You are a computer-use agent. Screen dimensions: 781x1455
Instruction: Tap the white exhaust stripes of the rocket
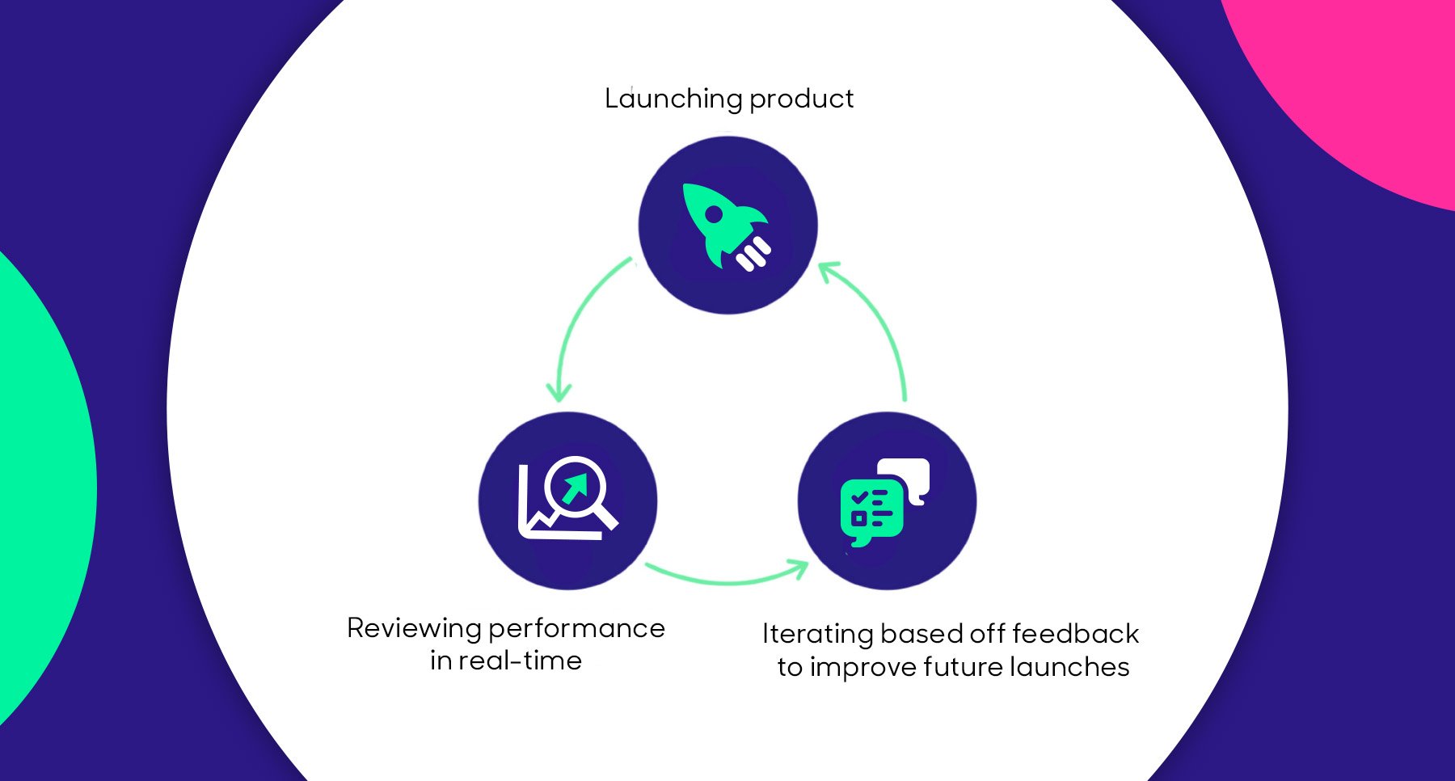(x=753, y=254)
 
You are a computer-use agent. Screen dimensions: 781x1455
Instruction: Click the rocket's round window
(x=714, y=214)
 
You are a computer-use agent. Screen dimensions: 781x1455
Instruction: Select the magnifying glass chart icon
(x=567, y=499)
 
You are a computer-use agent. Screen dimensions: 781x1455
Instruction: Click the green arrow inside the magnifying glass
(x=575, y=488)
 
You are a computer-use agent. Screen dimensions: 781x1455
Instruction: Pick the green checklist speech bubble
(x=871, y=511)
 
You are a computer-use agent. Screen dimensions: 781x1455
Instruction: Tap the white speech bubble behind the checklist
(x=909, y=476)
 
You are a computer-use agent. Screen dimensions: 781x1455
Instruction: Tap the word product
(x=801, y=99)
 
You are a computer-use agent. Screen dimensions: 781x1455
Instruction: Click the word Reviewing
(x=414, y=628)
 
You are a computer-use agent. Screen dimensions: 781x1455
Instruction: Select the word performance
(x=577, y=628)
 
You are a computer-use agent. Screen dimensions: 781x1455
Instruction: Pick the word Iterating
(x=817, y=634)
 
